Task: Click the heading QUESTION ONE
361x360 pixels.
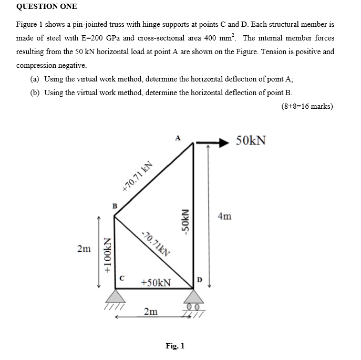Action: [x=47, y=6]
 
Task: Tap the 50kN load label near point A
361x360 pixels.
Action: [x=251, y=140]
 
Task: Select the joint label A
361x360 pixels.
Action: [x=178, y=138]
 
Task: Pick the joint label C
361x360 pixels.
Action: [x=122, y=279]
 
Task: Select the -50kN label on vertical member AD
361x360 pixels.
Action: [x=185, y=224]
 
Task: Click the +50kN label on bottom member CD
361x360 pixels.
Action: [x=156, y=283]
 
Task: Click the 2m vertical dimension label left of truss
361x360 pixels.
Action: [x=83, y=248]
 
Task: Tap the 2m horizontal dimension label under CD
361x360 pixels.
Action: [x=151, y=312]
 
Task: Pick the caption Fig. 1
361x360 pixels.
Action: [x=175, y=346]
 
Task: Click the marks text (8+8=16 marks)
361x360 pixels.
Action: [x=307, y=106]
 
